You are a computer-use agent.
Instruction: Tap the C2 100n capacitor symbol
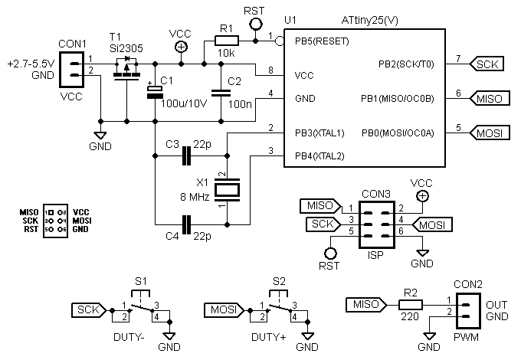[221, 91]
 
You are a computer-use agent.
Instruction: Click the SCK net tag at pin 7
[486, 64]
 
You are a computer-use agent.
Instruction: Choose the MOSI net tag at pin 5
[488, 133]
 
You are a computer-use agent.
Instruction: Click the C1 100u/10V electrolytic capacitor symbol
[155, 91]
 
